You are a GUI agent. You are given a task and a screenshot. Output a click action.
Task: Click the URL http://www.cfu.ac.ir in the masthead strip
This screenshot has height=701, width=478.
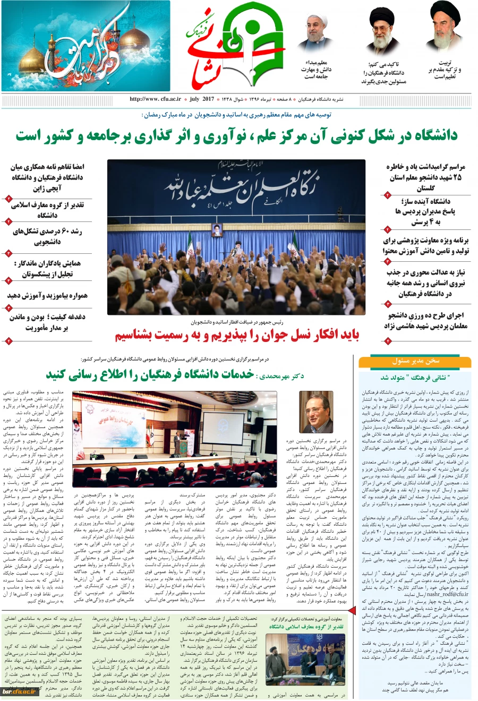155,99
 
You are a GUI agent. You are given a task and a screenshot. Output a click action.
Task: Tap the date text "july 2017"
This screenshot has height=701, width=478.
201,99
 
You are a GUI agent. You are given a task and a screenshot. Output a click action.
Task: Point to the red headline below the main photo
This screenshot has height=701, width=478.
237,336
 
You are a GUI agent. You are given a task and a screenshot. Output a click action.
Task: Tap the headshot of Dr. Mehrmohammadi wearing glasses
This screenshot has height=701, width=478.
316,412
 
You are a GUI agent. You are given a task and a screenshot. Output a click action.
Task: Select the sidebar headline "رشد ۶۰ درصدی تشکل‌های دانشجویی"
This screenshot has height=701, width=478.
48,237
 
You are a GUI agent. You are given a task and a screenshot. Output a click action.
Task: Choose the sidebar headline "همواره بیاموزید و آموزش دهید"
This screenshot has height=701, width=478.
48,295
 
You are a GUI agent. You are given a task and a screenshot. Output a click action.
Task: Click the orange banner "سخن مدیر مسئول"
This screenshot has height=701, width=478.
415,361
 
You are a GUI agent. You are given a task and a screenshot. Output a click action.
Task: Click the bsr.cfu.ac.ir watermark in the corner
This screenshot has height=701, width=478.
19,691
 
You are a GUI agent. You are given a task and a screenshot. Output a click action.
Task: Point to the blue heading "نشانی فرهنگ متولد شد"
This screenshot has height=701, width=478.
415,378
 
